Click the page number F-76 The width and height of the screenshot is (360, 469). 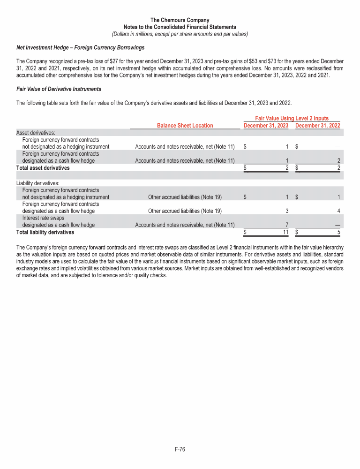tap(180, 449)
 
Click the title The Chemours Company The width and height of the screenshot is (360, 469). tap(180, 20)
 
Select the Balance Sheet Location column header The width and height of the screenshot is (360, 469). tap(185, 125)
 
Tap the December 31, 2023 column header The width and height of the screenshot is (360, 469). tap(266, 125)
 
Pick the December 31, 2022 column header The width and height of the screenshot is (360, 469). tap(317, 125)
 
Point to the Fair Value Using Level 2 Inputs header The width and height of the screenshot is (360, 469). tap(291, 119)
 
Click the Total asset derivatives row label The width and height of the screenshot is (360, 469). tap(43, 167)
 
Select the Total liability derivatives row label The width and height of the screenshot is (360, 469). tap(45, 232)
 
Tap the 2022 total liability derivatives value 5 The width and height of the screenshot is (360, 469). tap(338, 232)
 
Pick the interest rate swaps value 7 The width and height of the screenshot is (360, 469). tap(286, 225)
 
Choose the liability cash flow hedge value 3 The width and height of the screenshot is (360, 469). tap(286, 211)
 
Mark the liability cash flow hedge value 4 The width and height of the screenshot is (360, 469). tap(338, 211)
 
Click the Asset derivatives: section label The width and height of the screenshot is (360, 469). tap(36, 133)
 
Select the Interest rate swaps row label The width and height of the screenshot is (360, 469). tap(42, 218)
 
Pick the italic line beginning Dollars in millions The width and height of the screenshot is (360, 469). tap(180, 34)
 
